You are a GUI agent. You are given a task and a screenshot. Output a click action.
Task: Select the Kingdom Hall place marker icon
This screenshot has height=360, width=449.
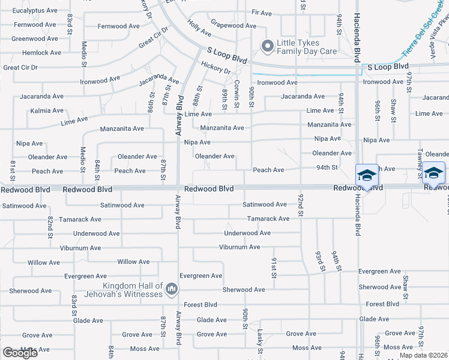click(x=172, y=289)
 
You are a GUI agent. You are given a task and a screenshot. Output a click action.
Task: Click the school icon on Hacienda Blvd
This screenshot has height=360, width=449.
click(x=367, y=175)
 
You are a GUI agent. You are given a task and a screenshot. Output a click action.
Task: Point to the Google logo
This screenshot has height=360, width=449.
click(x=20, y=353)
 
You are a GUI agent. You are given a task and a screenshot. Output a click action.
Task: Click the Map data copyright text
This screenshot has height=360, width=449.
click(x=423, y=355)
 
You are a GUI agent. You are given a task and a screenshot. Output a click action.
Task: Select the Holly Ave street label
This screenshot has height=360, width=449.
click(x=199, y=28)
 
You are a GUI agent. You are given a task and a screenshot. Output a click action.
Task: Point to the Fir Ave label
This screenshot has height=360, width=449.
click(x=262, y=12)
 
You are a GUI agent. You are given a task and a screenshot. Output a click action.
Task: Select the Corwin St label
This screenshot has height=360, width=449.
click(x=237, y=94)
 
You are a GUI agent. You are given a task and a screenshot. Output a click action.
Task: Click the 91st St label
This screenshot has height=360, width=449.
click(x=273, y=268)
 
